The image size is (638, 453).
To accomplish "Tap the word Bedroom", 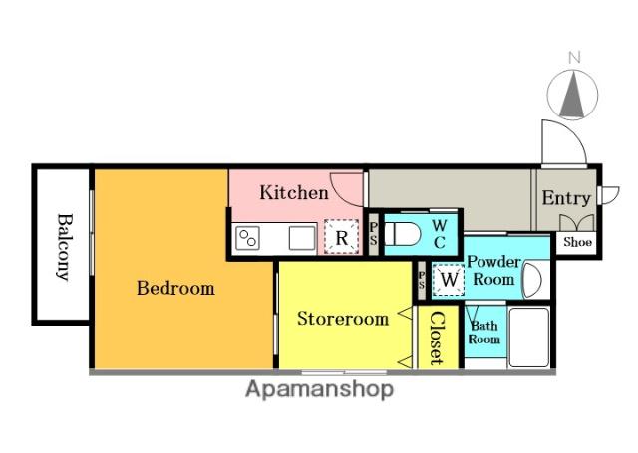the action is click(175, 288).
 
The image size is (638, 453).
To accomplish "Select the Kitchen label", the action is click(294, 192).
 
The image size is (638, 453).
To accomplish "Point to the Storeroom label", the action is click(343, 319).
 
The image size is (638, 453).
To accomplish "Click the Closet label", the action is click(437, 338).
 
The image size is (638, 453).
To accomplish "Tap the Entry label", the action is click(566, 198).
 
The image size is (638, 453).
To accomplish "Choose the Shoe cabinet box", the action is click(577, 242).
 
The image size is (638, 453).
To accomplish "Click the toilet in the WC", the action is click(402, 234).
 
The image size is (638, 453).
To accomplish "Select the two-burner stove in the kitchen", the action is click(248, 239).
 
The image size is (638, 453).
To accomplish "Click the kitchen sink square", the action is click(302, 238).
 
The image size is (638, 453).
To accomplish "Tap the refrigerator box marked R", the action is click(341, 237).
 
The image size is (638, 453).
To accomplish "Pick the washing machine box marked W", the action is click(449, 280).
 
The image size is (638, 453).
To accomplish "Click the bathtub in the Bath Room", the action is click(529, 338).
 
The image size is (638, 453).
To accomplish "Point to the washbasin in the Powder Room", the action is click(532, 280).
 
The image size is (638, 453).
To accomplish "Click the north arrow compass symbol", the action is click(572, 95).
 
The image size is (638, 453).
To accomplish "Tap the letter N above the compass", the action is click(574, 58).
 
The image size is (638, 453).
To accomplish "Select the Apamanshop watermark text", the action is click(319, 389).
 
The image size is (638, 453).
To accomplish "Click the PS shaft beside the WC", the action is click(374, 234).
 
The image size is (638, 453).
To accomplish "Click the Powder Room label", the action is click(493, 270).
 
